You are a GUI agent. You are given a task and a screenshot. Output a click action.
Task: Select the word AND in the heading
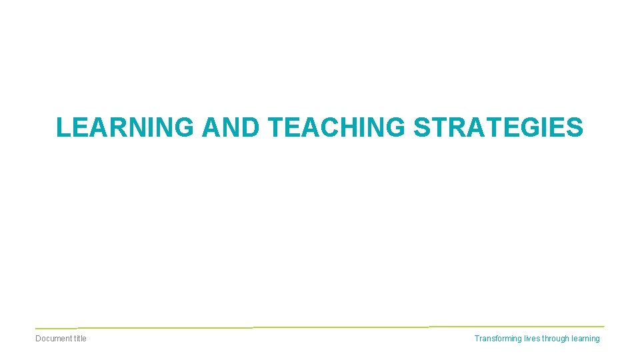(x=230, y=127)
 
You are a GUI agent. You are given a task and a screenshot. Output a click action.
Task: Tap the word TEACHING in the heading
(x=337, y=127)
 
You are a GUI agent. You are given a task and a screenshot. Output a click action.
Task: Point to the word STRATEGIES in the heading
(x=498, y=127)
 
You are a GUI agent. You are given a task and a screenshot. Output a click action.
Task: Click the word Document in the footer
(x=53, y=339)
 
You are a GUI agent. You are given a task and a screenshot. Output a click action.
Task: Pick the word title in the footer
(x=80, y=339)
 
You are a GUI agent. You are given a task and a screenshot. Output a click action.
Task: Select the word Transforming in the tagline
(x=499, y=339)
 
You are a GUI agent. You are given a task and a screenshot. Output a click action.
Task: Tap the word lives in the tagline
(x=533, y=339)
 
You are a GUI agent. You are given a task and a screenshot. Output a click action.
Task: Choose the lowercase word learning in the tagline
(x=585, y=339)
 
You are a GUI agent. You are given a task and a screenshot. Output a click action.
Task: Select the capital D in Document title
(x=38, y=339)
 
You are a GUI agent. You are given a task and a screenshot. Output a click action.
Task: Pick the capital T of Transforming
(x=477, y=339)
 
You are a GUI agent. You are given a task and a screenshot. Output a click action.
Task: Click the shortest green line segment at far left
(x=56, y=329)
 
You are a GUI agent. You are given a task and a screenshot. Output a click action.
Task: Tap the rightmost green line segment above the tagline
(x=517, y=327)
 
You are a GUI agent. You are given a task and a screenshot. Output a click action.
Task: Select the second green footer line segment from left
(x=165, y=328)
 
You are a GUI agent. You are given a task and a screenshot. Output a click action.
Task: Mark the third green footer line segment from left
(x=341, y=327)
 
